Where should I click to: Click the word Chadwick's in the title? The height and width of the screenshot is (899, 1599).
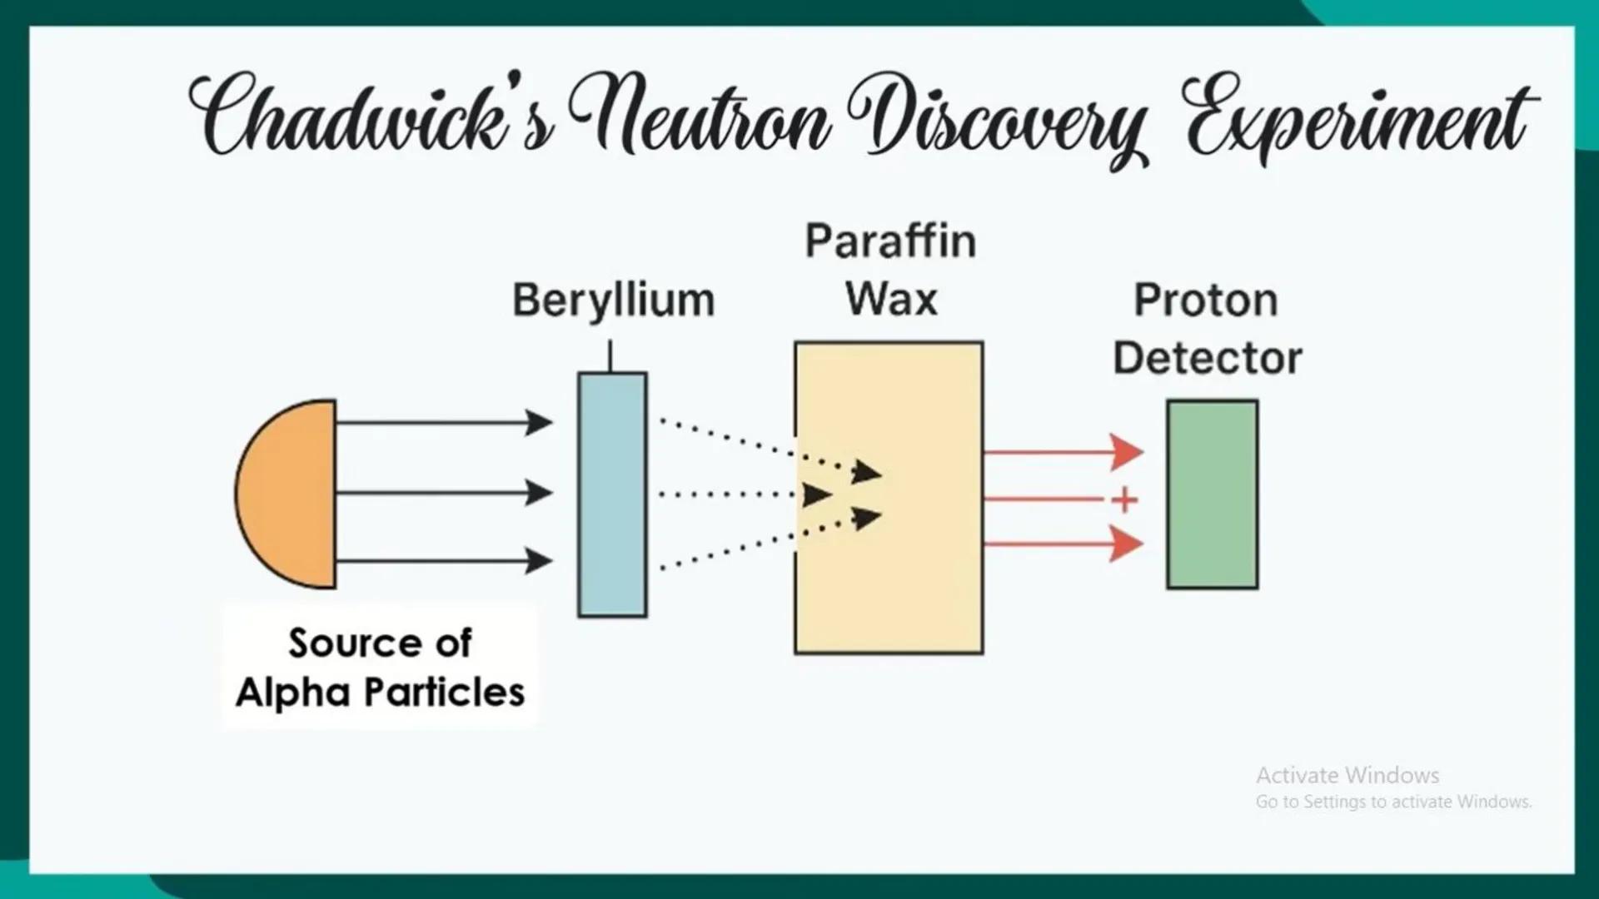point(371,117)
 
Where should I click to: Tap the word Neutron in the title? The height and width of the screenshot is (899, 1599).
point(700,117)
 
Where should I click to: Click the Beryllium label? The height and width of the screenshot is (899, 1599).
point(614,300)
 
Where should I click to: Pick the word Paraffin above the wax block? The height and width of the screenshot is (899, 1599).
point(890,241)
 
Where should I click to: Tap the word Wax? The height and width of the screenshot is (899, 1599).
point(891,299)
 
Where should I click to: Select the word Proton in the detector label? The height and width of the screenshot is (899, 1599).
point(1206,300)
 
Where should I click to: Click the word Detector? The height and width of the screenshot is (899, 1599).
point(1208,359)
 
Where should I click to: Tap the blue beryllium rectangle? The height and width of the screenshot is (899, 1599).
point(612,494)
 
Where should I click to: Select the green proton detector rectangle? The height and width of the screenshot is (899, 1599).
point(1213,494)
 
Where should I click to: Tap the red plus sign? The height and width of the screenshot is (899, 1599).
point(1124,499)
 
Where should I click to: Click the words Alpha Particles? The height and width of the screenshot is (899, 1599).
point(381,693)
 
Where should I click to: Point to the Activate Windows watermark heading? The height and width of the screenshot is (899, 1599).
point(1347,775)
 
